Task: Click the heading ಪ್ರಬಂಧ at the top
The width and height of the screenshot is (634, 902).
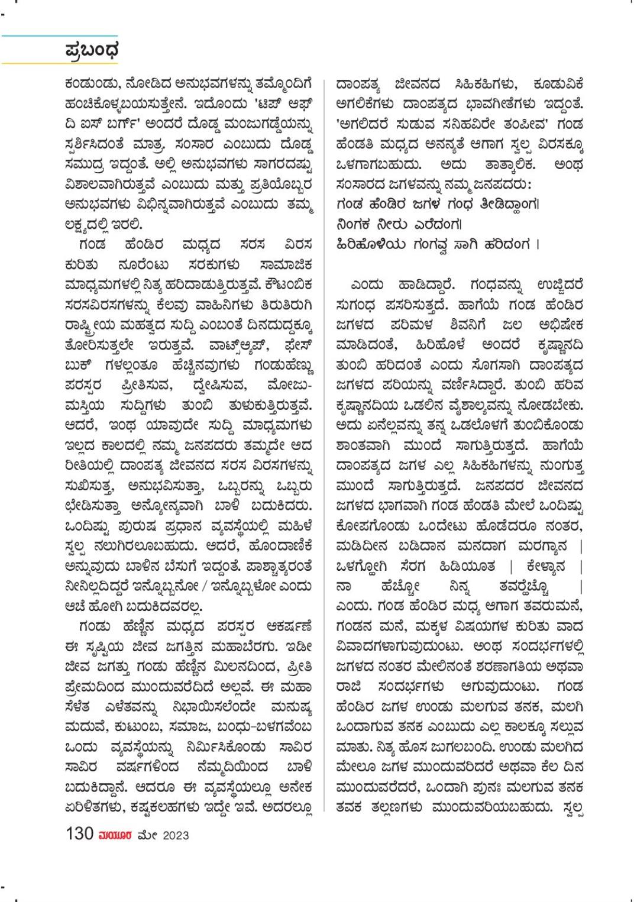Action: (x=91, y=50)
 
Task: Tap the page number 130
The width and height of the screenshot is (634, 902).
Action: (x=79, y=833)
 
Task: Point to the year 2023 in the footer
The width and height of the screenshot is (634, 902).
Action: (x=176, y=835)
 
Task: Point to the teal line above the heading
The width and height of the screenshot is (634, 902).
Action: (x=59, y=36)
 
